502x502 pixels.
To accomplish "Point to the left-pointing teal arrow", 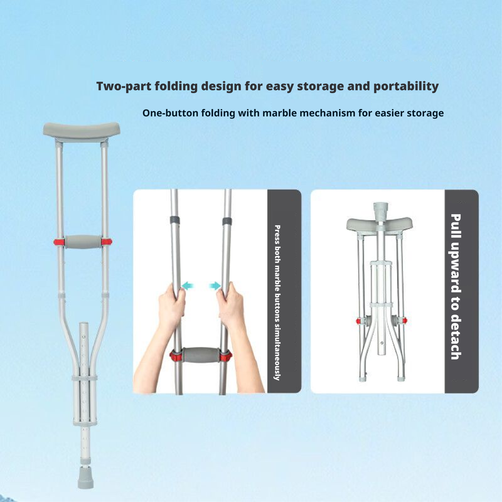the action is point(188,286).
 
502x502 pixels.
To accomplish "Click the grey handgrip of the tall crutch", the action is point(83,242).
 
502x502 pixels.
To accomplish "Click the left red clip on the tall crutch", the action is point(59,242).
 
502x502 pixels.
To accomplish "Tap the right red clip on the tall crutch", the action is point(106,242).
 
